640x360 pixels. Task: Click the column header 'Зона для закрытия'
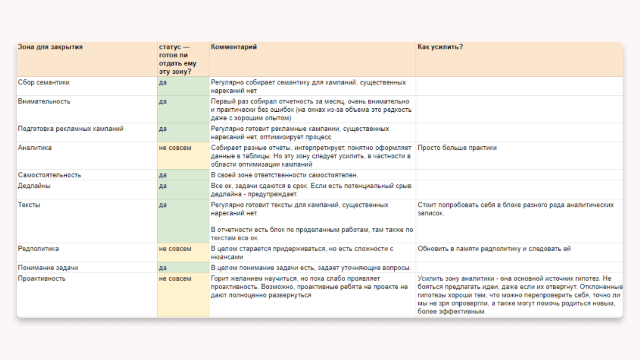[x=50, y=47]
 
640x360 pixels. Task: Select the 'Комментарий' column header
[x=234, y=47]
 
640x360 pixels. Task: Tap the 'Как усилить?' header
[x=440, y=47]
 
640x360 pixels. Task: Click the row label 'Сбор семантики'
[x=44, y=82]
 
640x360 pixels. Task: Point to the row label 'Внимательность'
[x=44, y=102]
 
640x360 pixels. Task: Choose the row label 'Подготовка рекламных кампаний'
[x=71, y=129]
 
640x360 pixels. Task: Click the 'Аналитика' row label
[x=35, y=148]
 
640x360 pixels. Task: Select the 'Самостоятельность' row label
[x=50, y=175]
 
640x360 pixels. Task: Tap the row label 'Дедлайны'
[x=34, y=186]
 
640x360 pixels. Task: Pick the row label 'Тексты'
[x=29, y=205]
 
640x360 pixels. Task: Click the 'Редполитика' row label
[x=38, y=249]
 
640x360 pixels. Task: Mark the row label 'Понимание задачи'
[x=48, y=267]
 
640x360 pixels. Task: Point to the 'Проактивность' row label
[x=42, y=278]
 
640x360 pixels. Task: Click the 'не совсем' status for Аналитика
[x=175, y=148]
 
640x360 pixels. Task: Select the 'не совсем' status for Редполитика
[x=175, y=249]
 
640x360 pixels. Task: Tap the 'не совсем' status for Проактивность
[x=175, y=278]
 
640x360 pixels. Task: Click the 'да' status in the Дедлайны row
[x=163, y=186]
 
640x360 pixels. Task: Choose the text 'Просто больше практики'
[x=457, y=148]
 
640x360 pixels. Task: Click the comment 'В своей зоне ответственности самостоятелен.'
[x=284, y=175]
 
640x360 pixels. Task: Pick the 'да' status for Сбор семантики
[x=163, y=82]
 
